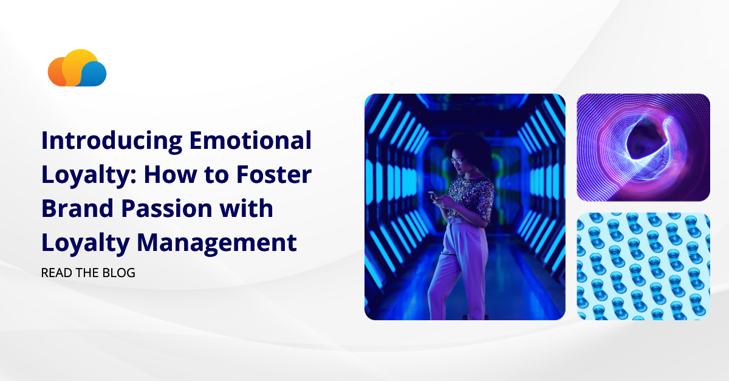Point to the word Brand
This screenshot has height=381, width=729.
[74, 209]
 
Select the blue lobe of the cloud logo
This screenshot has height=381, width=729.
[94, 75]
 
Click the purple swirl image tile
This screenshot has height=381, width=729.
[643, 147]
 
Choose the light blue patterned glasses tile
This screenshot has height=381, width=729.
[643, 266]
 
